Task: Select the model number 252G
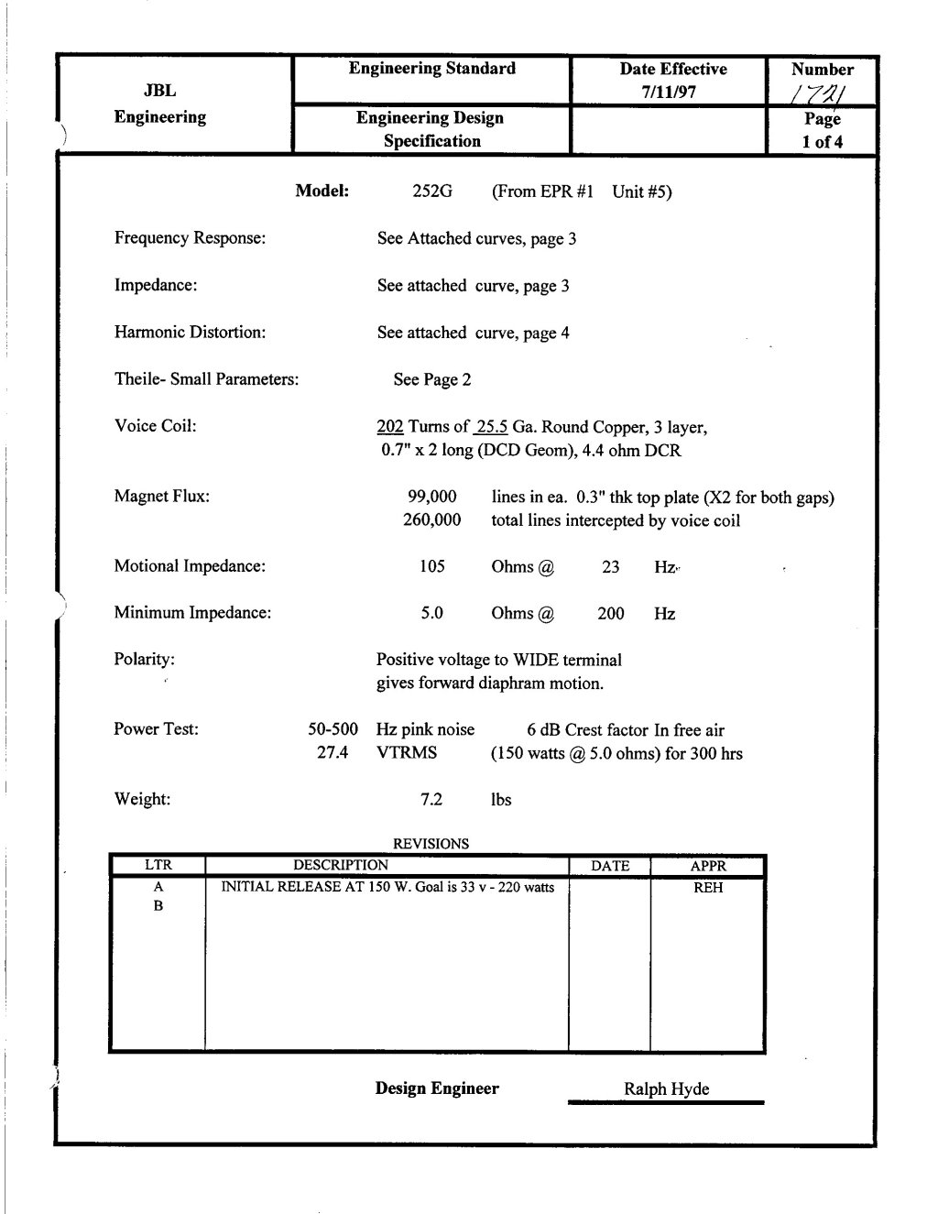pyautogui.click(x=433, y=191)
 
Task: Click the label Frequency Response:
pyautogui.click(x=190, y=238)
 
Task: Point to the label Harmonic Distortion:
pyautogui.click(x=190, y=333)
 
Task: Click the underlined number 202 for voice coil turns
pyautogui.click(x=390, y=427)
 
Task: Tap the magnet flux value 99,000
pyautogui.click(x=431, y=498)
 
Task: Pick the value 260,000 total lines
pyautogui.click(x=431, y=520)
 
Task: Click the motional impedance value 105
pyautogui.click(x=432, y=566)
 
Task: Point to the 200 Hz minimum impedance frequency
pyautogui.click(x=611, y=614)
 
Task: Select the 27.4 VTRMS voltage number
pyautogui.click(x=333, y=753)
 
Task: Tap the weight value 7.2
pyautogui.click(x=431, y=800)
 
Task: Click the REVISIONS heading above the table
pyautogui.click(x=431, y=844)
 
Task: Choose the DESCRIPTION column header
pyautogui.click(x=340, y=865)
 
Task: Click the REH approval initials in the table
pyautogui.click(x=708, y=888)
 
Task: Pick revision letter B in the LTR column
pyautogui.click(x=158, y=906)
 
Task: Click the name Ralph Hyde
pyautogui.click(x=666, y=1089)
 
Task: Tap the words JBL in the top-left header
pyautogui.click(x=159, y=91)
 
